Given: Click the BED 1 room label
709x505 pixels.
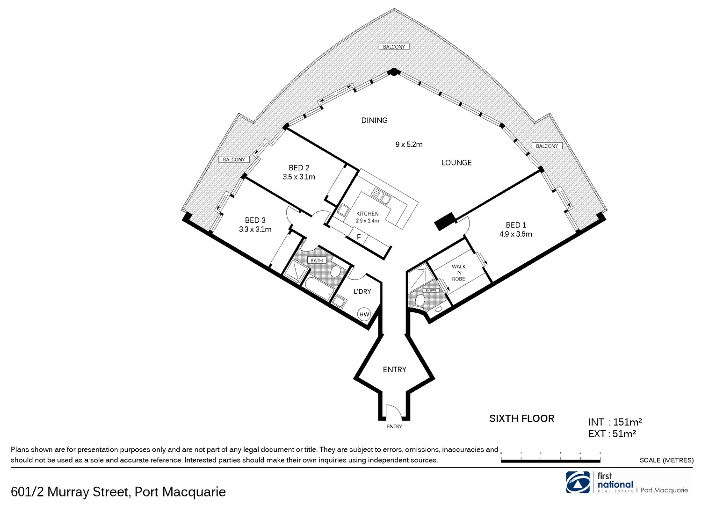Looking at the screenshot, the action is click(x=515, y=225).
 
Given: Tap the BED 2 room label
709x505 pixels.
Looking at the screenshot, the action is click(x=299, y=168).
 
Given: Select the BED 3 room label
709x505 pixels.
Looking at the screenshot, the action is click(x=255, y=220).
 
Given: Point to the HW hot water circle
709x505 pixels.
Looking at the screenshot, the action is click(x=364, y=314).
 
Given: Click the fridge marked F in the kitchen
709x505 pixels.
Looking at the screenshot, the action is click(x=359, y=237).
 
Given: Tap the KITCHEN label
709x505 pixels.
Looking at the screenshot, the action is click(x=367, y=214).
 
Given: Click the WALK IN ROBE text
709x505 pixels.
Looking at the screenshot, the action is click(x=458, y=273).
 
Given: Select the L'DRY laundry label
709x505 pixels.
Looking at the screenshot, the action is click(x=362, y=291).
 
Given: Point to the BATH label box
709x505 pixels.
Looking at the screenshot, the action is click(x=317, y=260).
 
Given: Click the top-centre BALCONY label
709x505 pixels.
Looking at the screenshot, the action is click(x=394, y=47).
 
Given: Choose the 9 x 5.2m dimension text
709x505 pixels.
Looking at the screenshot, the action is click(x=409, y=144).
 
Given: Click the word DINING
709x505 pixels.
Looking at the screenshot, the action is click(x=374, y=120).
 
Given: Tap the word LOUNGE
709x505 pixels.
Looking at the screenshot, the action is click(x=456, y=163).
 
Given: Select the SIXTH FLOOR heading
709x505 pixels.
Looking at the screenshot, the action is click(x=521, y=418).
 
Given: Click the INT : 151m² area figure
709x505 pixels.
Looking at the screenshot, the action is click(x=615, y=422).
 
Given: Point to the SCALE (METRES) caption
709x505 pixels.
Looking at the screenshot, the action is click(x=666, y=460).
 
